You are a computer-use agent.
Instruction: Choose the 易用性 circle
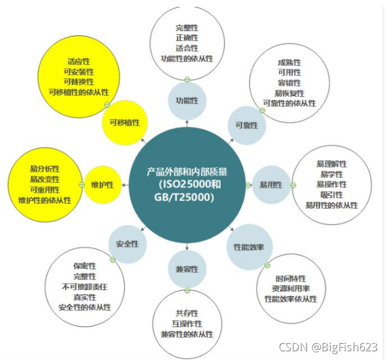click(x=271, y=185)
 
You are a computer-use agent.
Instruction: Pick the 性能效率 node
click(x=249, y=247)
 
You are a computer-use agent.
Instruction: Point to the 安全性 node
click(x=127, y=244)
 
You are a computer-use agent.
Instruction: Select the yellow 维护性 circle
click(x=103, y=185)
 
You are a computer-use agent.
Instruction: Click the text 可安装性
click(x=79, y=72)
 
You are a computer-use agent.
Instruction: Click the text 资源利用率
click(x=290, y=289)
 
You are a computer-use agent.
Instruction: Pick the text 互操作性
click(x=187, y=324)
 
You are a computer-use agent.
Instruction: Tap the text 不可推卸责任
click(x=84, y=287)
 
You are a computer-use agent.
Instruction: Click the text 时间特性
click(x=290, y=279)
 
